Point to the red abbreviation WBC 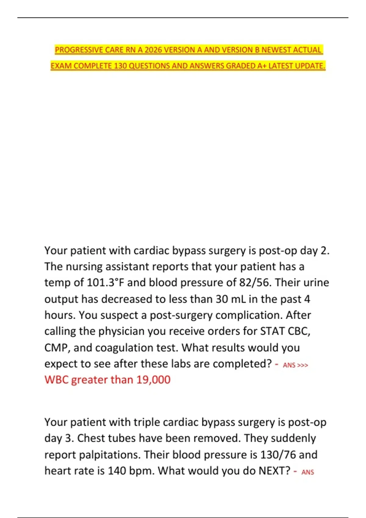[56, 380]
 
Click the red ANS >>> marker [295, 365]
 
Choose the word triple [146, 422]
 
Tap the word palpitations [110, 455]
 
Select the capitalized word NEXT [274, 471]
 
